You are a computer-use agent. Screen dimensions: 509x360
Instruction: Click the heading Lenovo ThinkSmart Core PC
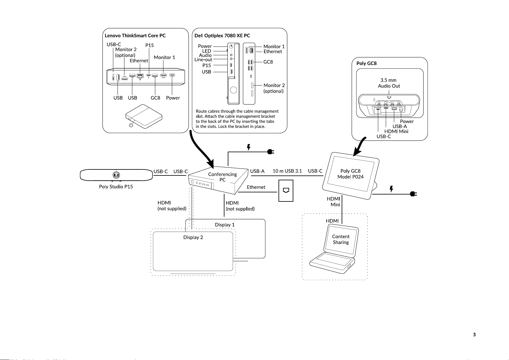[x=135, y=36]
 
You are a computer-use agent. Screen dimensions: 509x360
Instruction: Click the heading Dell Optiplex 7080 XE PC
[x=222, y=36]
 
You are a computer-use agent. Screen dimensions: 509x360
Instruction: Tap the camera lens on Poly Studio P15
[x=116, y=175]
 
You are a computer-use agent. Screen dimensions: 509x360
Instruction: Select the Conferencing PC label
[x=222, y=177]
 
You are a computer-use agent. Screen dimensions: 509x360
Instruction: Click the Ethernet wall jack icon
[x=286, y=190]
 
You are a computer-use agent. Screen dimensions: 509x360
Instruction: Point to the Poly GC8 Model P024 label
[x=350, y=174]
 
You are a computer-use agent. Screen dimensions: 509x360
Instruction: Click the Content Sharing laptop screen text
[x=341, y=239]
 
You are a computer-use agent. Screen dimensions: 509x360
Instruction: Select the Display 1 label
[x=224, y=225]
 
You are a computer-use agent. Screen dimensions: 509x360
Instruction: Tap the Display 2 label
[x=193, y=237]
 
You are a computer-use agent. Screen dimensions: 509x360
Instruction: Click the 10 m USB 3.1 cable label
[x=287, y=171]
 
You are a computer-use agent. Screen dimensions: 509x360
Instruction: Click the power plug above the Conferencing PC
[x=271, y=152]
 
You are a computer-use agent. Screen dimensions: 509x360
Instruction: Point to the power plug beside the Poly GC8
[x=413, y=194]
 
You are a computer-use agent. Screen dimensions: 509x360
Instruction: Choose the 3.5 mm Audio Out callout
[x=389, y=83]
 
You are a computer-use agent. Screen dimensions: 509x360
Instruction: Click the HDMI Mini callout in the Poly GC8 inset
[x=396, y=131]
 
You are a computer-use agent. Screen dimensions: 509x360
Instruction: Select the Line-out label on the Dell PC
[x=203, y=60]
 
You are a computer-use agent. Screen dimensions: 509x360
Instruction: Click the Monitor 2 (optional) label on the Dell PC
[x=274, y=88]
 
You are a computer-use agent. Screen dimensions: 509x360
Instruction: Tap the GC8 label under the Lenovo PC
[x=155, y=98]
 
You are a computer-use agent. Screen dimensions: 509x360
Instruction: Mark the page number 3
[x=474, y=335]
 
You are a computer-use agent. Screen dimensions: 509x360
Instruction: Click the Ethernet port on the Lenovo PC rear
[x=140, y=76]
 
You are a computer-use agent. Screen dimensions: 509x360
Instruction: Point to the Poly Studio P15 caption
[x=116, y=187]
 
